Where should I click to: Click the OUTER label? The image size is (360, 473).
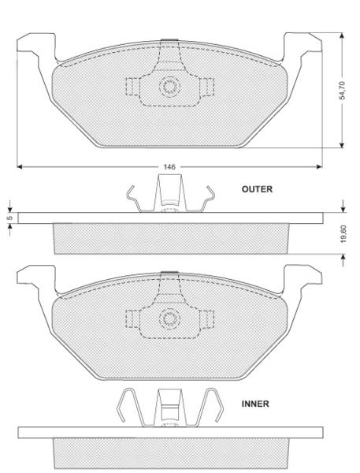click(257, 190)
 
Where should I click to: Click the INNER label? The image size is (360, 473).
click(255, 403)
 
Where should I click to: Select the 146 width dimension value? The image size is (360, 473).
click(169, 167)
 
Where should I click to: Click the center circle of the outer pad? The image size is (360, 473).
click(169, 87)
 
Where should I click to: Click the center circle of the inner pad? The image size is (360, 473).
click(169, 318)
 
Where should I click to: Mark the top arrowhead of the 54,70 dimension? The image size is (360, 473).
click(342, 36)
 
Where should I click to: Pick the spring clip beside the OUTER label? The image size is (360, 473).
click(169, 196)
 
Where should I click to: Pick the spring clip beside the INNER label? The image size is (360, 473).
click(168, 408)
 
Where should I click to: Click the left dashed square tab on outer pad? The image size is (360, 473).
click(132, 87)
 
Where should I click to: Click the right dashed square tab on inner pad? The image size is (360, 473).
click(207, 318)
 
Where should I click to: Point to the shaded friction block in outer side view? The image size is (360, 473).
click(169, 239)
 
